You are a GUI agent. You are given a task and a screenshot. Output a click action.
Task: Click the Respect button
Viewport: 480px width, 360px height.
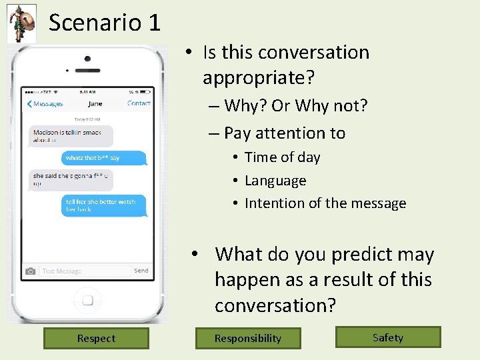96,338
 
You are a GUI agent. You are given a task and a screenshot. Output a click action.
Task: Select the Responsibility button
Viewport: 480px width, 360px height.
248,338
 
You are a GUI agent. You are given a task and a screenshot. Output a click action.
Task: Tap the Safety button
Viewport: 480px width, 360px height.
388,337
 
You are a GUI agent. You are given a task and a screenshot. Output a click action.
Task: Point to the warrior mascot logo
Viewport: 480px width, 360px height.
21,23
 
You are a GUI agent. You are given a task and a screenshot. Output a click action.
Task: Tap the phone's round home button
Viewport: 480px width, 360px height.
87,299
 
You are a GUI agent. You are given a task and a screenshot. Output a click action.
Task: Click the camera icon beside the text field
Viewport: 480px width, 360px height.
30,271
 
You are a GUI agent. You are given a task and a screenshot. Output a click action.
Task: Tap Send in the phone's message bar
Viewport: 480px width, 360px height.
141,271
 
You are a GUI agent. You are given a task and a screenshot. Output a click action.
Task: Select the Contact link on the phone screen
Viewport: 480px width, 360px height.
139,103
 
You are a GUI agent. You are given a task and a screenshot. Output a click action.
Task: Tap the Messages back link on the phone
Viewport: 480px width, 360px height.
45,103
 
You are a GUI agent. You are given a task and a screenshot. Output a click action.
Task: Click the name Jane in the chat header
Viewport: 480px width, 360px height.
95,103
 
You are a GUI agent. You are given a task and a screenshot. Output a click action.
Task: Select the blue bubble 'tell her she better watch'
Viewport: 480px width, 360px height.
103,205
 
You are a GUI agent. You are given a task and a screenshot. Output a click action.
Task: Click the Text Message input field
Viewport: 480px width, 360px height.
83,271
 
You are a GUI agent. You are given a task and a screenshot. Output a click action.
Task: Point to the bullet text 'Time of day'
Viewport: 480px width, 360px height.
283,157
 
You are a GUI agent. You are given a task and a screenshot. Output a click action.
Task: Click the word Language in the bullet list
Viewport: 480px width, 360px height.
275,181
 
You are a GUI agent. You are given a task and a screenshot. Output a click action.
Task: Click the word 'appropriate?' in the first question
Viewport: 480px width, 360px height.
259,78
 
